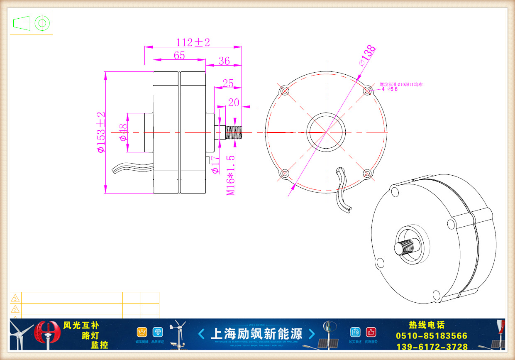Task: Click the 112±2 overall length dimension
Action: tap(193, 42)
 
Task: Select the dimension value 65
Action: tap(179, 55)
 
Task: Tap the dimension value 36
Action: tap(224, 61)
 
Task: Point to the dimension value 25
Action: tap(228, 83)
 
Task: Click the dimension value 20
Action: tap(234, 102)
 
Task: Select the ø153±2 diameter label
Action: tap(101, 132)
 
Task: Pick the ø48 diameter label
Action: tap(123, 132)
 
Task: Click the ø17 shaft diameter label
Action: tap(215, 166)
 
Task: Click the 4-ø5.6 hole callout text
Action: tap(389, 89)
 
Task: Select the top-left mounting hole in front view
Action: tap(284, 91)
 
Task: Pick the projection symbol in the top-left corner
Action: tap(31, 22)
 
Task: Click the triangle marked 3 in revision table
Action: tap(15, 298)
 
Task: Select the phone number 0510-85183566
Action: tap(432, 336)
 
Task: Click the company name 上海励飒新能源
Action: tap(257, 334)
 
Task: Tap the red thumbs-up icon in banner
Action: tap(371, 332)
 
